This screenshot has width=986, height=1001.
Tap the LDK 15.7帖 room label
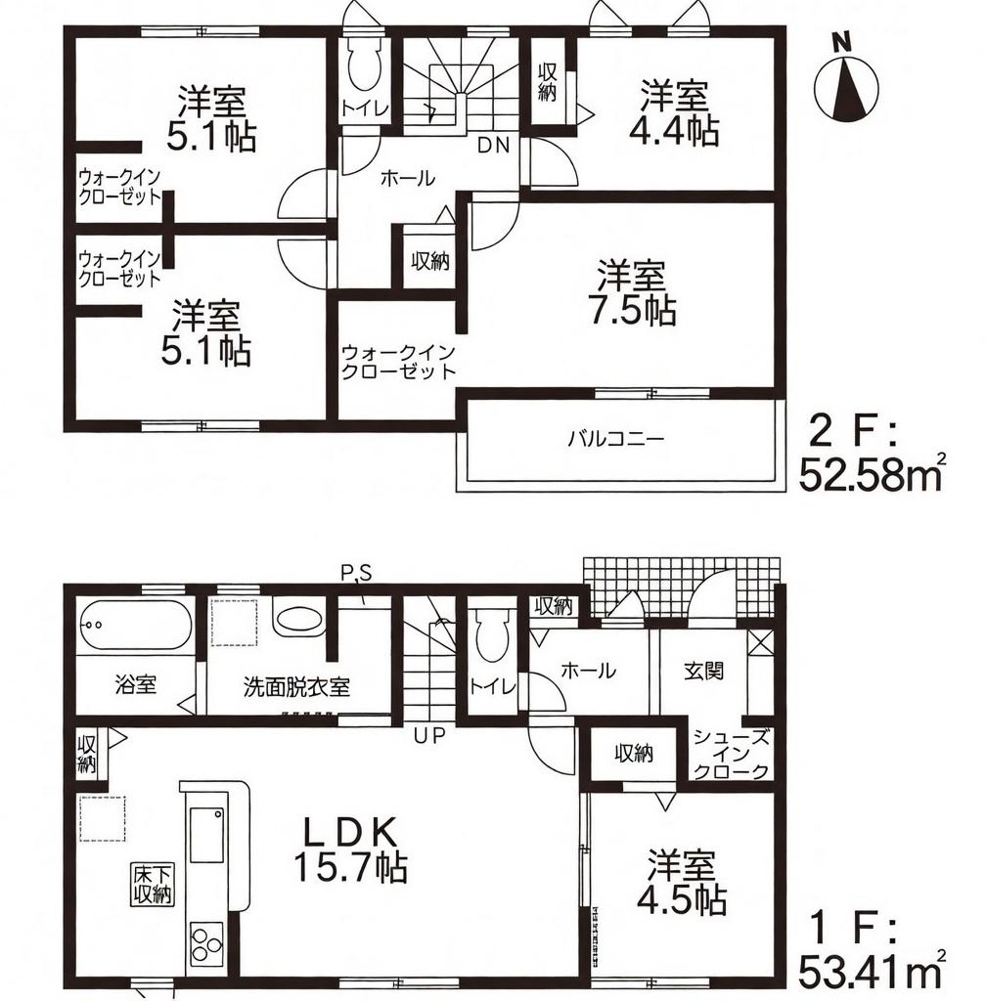pyautogui.click(x=350, y=849)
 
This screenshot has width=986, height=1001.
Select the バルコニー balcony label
pyautogui.click(x=615, y=439)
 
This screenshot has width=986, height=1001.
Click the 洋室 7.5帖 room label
pyautogui.click(x=632, y=293)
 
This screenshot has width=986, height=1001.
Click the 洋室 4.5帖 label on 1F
pyautogui.click(x=682, y=882)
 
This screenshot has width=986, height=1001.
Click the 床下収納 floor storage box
pyautogui.click(x=154, y=884)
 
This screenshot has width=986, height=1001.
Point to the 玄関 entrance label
pyautogui.click(x=703, y=671)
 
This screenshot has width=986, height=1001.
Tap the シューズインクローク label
pyautogui.click(x=731, y=754)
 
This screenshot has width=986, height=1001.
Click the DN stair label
pyautogui.click(x=494, y=147)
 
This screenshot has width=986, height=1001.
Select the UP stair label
pyautogui.click(x=428, y=736)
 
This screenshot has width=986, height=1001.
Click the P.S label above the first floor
pyautogui.click(x=356, y=573)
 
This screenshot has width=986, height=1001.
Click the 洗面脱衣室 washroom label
pyautogui.click(x=296, y=686)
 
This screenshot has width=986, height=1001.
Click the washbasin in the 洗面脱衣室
pyautogui.click(x=298, y=619)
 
